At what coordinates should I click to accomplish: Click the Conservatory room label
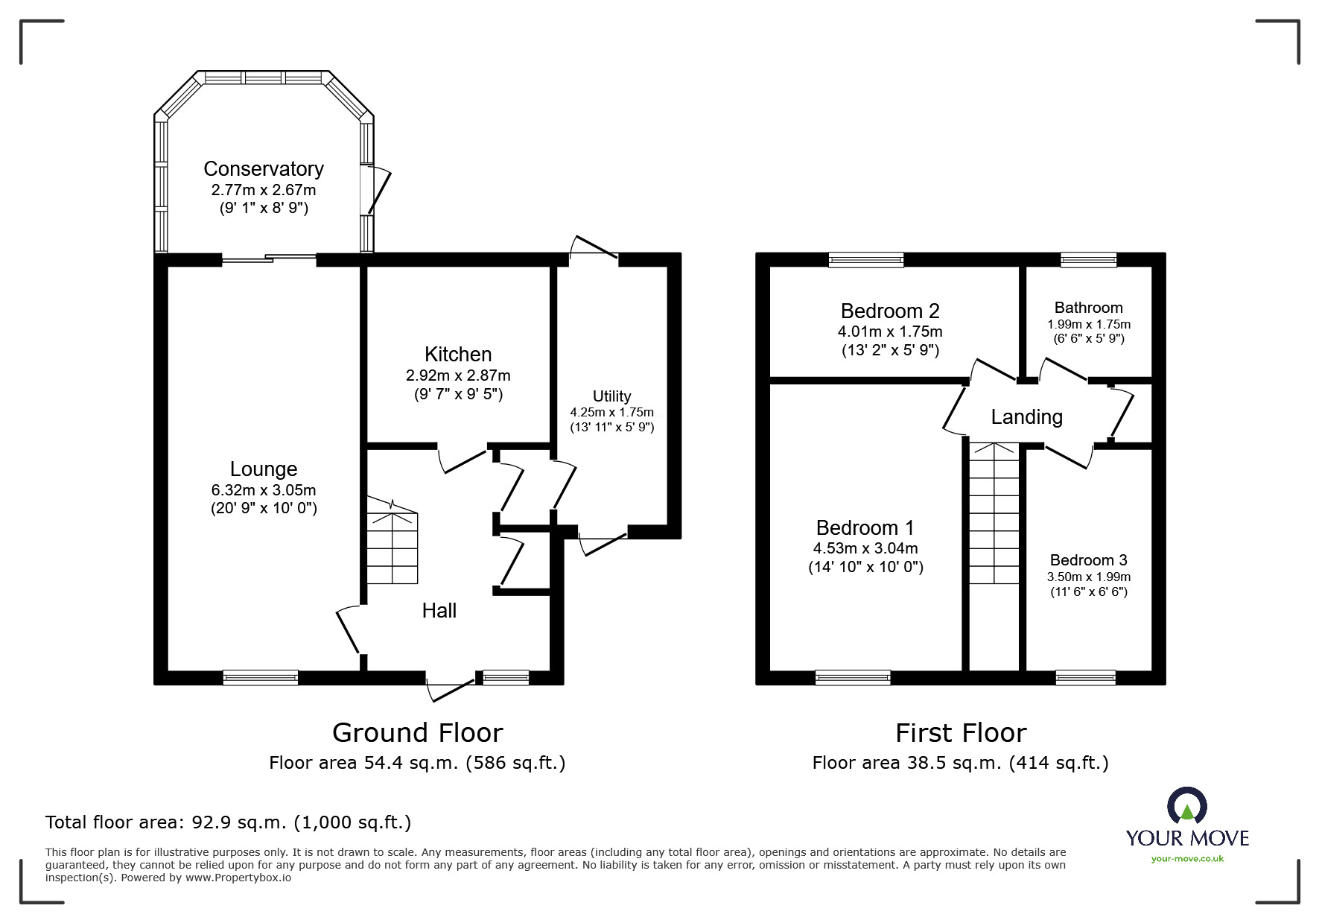tap(264, 169)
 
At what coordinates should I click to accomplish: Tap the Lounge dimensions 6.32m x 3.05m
tap(264, 490)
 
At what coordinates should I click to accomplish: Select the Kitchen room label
tap(458, 355)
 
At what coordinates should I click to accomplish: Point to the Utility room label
tap(611, 396)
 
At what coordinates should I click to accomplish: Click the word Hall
tap(439, 611)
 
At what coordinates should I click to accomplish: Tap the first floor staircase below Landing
tap(994, 514)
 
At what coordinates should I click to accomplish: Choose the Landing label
tap(1026, 417)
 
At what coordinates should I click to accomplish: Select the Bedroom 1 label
tap(865, 528)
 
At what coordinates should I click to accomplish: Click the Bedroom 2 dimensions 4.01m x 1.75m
tap(890, 332)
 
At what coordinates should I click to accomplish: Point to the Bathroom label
tap(1088, 308)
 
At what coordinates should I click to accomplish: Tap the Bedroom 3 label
tap(1088, 560)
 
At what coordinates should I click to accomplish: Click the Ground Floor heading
tap(417, 733)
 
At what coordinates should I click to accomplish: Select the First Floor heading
tap(961, 733)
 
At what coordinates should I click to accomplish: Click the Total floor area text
tap(228, 822)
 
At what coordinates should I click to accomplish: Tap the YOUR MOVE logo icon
tap(1186, 807)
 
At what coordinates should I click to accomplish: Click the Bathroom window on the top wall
tap(1088, 260)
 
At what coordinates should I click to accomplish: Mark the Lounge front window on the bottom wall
tap(261, 677)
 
